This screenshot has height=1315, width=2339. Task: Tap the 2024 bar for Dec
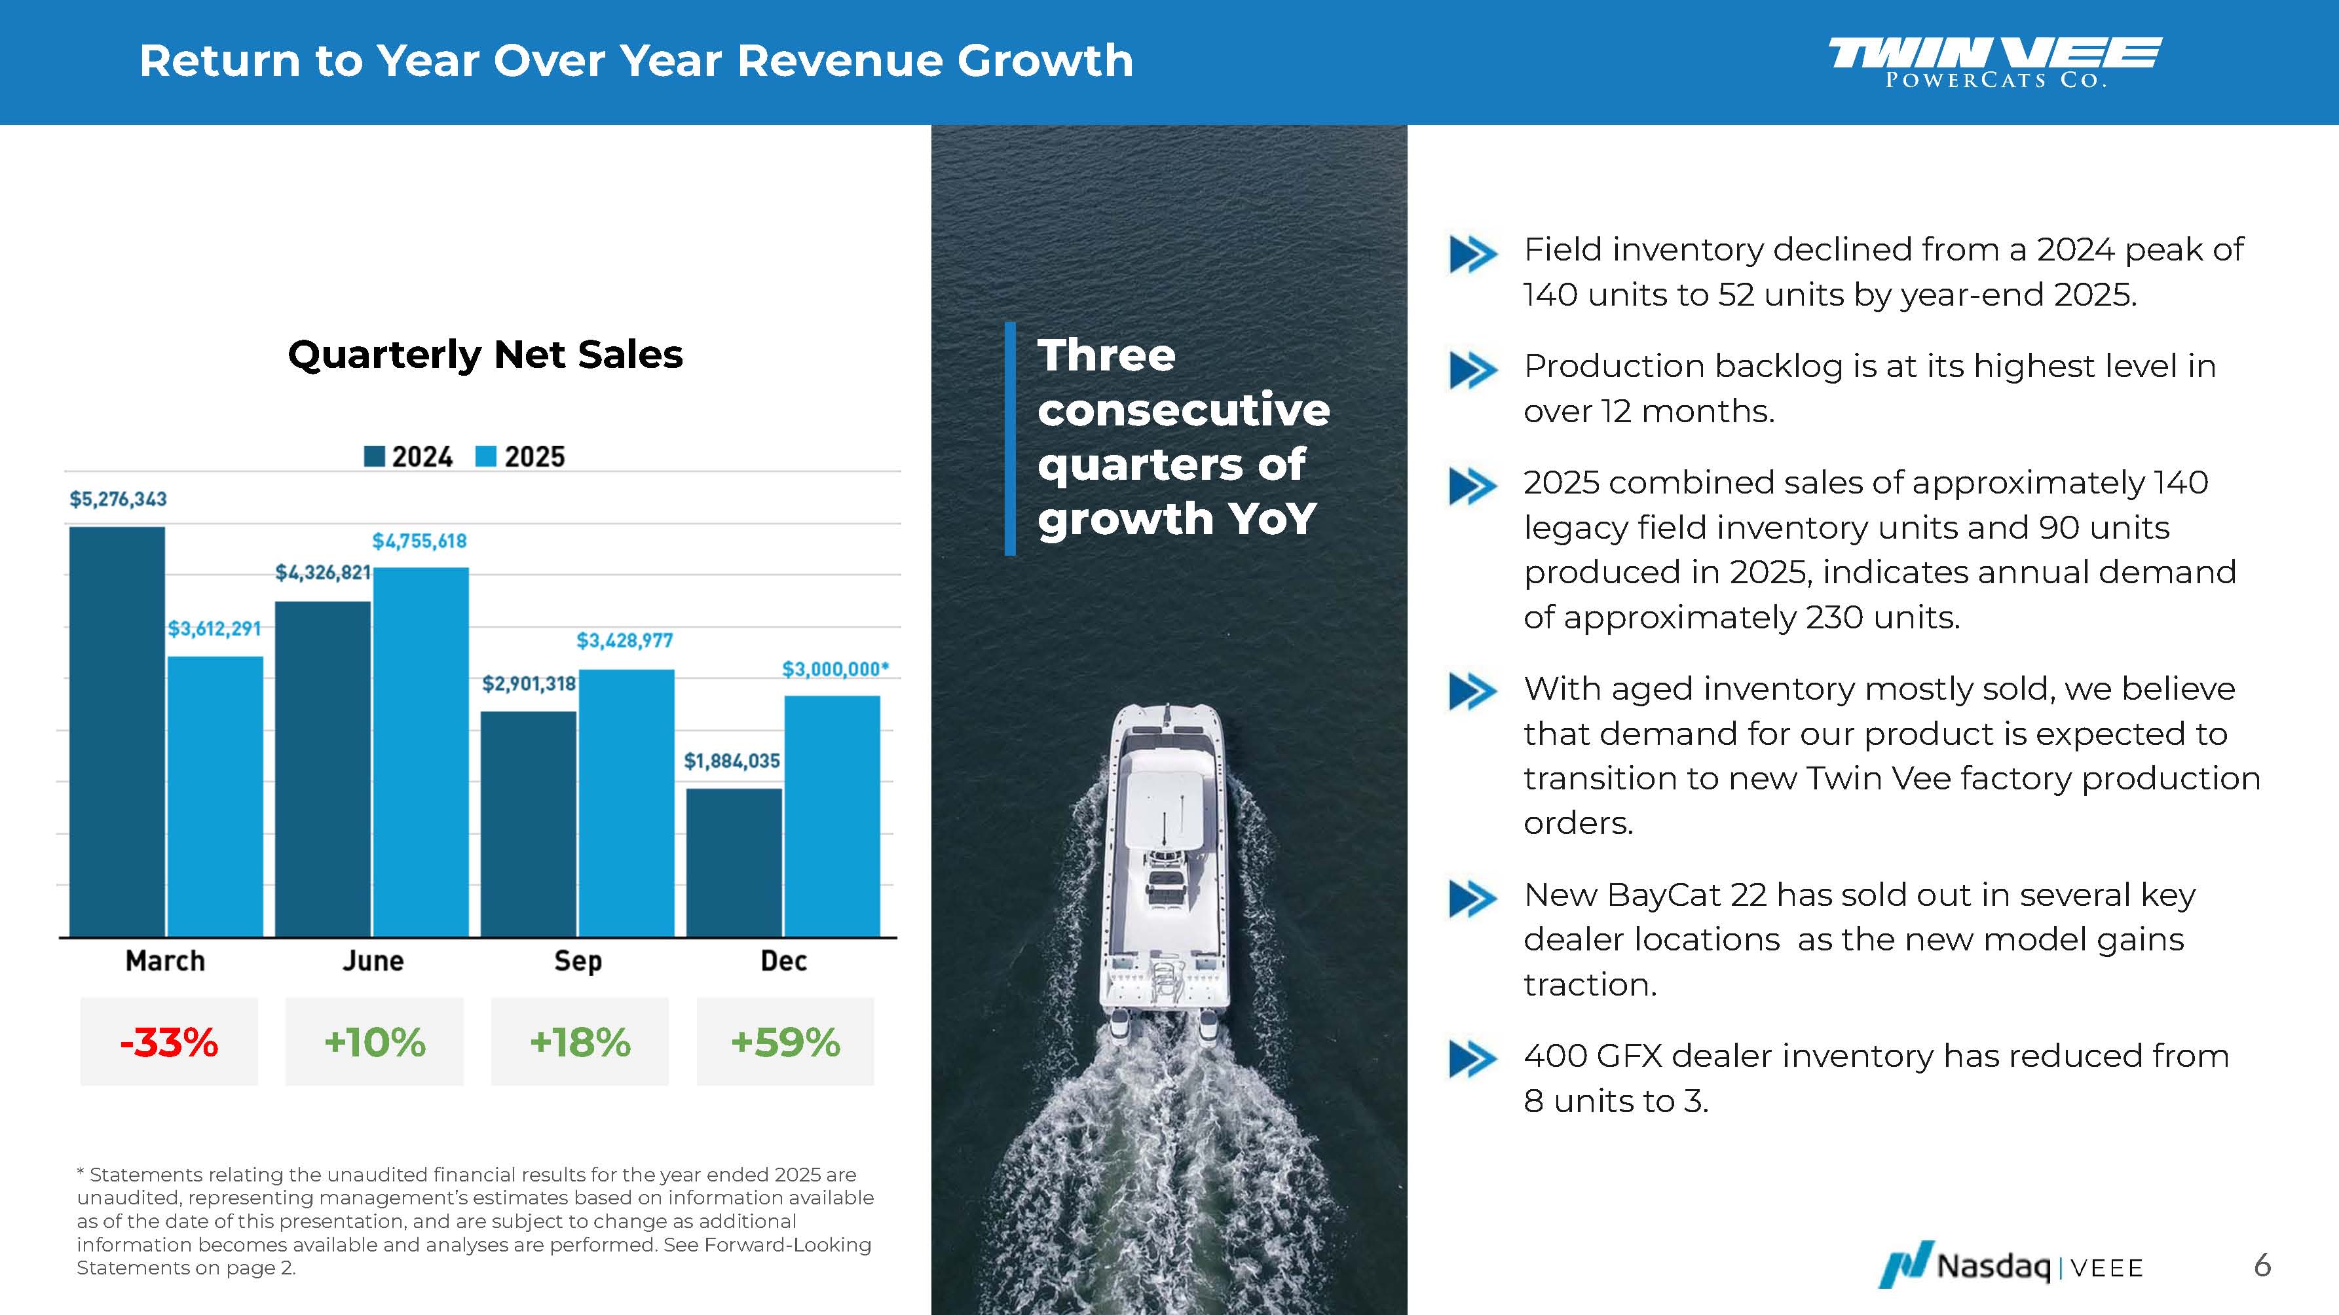pyautogui.click(x=734, y=862)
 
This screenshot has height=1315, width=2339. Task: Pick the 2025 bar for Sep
pyautogui.click(x=627, y=802)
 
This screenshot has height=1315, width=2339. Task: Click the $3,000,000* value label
pyautogui.click(x=834, y=670)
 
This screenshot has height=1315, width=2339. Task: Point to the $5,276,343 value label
pyautogui.click(x=118, y=499)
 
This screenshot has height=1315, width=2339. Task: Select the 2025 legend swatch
pyautogui.click(x=487, y=456)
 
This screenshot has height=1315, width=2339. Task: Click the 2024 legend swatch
pyautogui.click(x=374, y=456)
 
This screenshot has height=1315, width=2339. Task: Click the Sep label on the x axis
pyautogui.click(x=578, y=961)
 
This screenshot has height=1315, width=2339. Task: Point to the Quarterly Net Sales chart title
pyautogui.click(x=485, y=354)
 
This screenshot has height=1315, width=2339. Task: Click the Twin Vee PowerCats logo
pyautogui.click(x=1995, y=62)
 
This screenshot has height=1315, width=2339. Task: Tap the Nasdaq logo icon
pyautogui.click(x=1906, y=1264)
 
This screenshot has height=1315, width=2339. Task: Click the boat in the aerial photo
pyautogui.click(x=1165, y=862)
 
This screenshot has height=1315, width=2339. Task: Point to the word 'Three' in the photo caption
pyautogui.click(x=1106, y=355)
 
